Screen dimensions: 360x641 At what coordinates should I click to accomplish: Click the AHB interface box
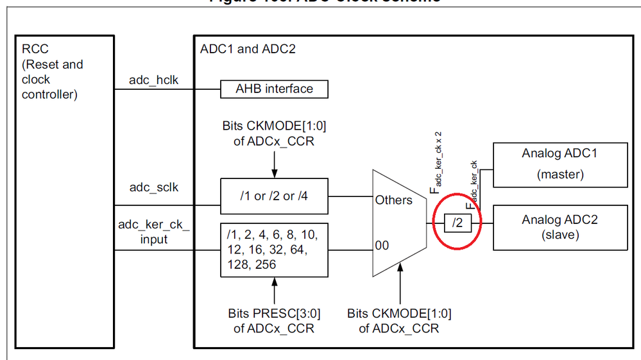tap(274, 89)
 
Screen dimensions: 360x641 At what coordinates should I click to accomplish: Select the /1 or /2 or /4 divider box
tap(274, 195)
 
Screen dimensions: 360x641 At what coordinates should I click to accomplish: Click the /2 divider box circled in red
tap(457, 223)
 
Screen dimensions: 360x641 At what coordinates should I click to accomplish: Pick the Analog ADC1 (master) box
tap(560, 164)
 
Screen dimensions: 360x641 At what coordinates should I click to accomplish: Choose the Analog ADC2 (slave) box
tap(560, 227)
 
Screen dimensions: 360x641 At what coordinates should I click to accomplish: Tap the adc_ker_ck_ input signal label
tap(153, 232)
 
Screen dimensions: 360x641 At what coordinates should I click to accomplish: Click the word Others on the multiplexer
tap(394, 200)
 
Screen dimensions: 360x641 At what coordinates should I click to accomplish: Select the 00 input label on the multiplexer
tap(383, 245)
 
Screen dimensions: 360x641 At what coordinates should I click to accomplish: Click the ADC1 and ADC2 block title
tap(248, 49)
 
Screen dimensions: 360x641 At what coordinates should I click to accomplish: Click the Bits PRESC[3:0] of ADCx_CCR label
tap(274, 321)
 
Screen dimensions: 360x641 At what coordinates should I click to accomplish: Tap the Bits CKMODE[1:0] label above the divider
tap(274, 133)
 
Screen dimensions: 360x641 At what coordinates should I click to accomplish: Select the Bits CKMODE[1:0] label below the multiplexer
tap(399, 321)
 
